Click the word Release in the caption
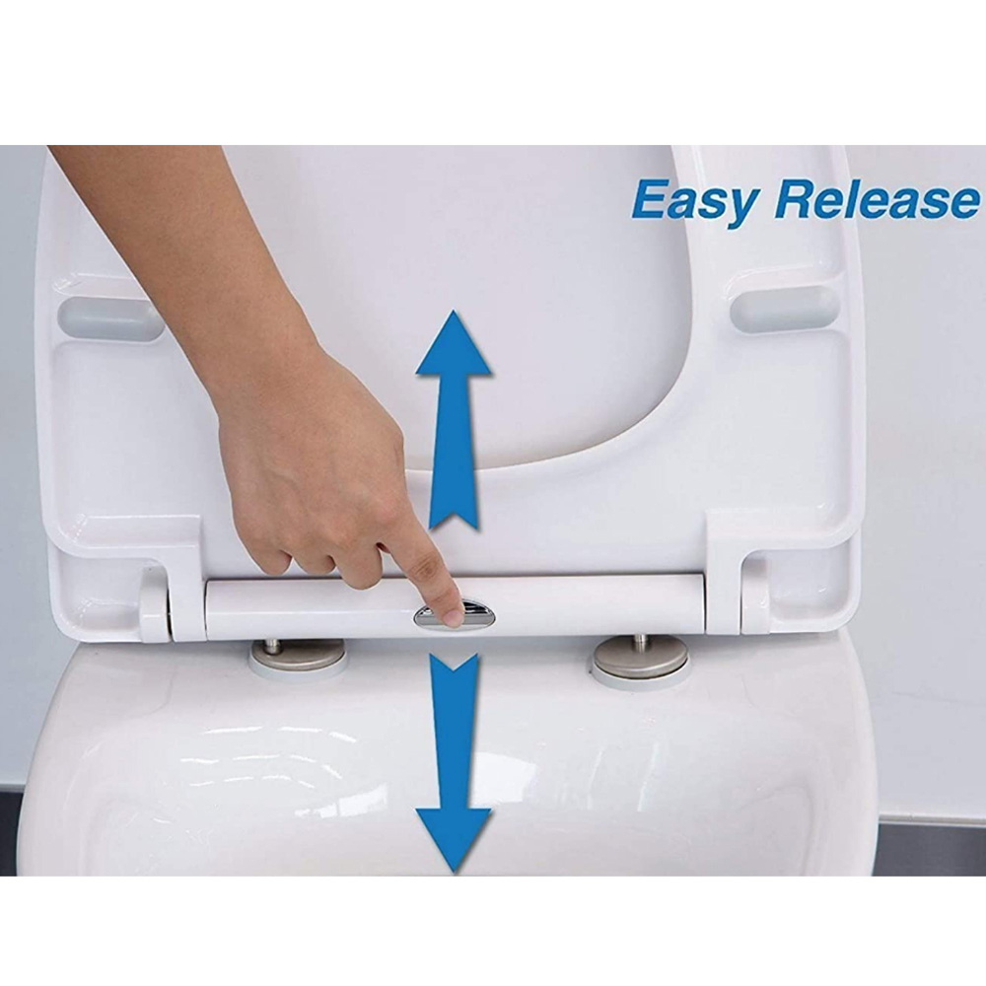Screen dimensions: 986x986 tap(876, 199)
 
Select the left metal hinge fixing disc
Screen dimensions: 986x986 tap(297, 656)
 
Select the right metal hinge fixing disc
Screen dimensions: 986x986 tap(641, 657)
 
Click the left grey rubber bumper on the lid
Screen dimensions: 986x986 tap(110, 318)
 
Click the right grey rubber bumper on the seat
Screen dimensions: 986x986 tap(784, 308)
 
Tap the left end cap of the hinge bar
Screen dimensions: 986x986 tap(154, 603)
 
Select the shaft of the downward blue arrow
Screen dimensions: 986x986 tap(454, 736)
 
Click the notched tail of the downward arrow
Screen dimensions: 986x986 tap(454, 664)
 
